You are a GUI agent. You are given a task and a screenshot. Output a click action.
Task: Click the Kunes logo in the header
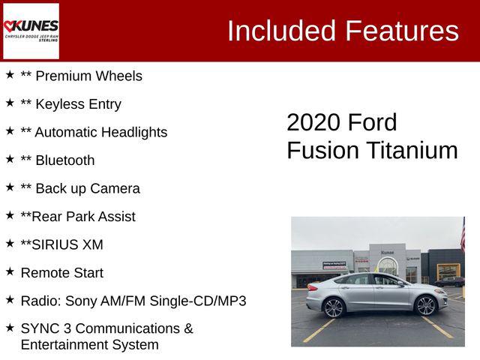point(31,31)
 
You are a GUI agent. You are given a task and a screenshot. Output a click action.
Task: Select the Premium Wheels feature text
point(88,76)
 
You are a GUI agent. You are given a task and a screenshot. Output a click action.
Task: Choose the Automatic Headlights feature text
point(100,132)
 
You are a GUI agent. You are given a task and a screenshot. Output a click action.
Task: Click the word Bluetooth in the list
point(65,160)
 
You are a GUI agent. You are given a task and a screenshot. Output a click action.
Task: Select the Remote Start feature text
point(62,273)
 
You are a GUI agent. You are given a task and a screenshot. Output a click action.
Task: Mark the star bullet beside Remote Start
point(10,271)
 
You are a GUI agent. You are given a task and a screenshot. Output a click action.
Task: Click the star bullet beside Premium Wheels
point(10,74)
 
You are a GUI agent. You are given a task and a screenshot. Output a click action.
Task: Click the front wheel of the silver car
point(426,306)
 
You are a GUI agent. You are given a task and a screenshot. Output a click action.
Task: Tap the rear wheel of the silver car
point(334,307)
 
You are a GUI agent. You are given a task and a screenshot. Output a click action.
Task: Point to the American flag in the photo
point(462,235)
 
